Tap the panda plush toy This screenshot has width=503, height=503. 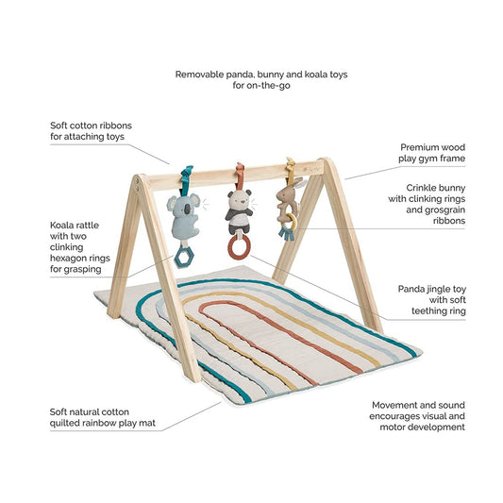tap(239, 212)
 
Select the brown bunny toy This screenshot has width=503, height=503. tap(287, 200)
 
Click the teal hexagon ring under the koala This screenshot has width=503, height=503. tap(184, 258)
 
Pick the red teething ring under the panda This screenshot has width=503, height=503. tap(240, 246)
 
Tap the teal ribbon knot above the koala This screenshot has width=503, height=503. tap(187, 174)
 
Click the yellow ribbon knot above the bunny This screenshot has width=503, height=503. tap(291, 166)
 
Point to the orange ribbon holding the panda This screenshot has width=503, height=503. tap(240, 176)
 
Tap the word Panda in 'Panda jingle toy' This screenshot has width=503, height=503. tap(411, 289)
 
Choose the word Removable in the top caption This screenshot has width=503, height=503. tap(199, 75)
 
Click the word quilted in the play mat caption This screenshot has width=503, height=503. tap(64, 423)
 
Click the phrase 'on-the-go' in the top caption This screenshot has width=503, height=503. tap(268, 86)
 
